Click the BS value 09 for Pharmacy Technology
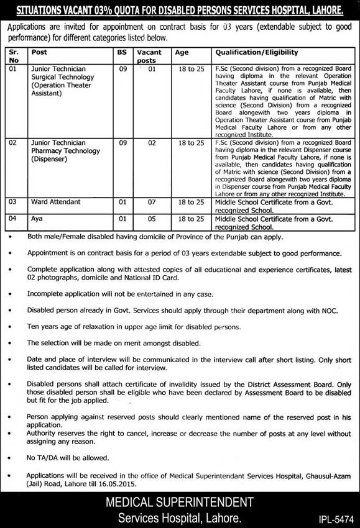click(x=122, y=142)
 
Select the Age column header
click(x=182, y=53)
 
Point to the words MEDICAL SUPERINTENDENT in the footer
click(x=180, y=501)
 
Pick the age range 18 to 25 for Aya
click(x=191, y=219)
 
